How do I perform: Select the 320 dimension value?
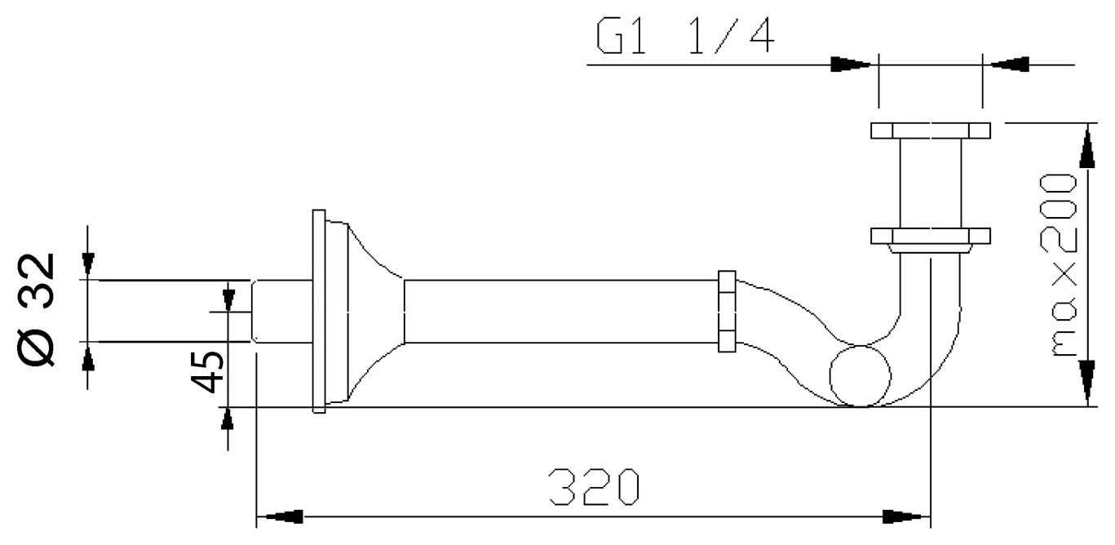coord(595,486)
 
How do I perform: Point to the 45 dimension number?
coord(207,371)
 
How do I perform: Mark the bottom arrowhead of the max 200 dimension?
coord(1087,383)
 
